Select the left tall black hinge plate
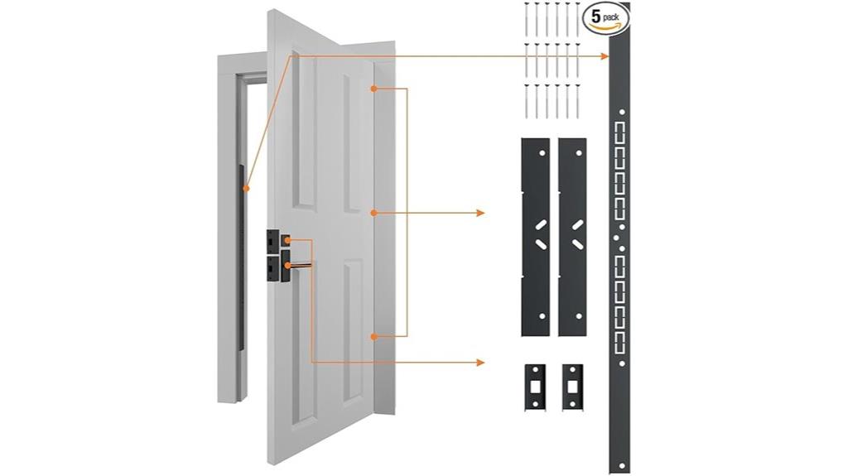[535, 236]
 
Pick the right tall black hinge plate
[572, 236]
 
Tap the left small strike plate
[535, 385]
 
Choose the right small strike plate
[572, 385]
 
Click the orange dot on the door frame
[246, 189]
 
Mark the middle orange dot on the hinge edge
[374, 213]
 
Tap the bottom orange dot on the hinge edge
[374, 336]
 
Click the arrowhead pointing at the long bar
[607, 56]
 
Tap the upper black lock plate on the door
[273, 240]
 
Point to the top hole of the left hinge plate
[542, 154]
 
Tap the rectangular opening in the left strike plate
[536, 387]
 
